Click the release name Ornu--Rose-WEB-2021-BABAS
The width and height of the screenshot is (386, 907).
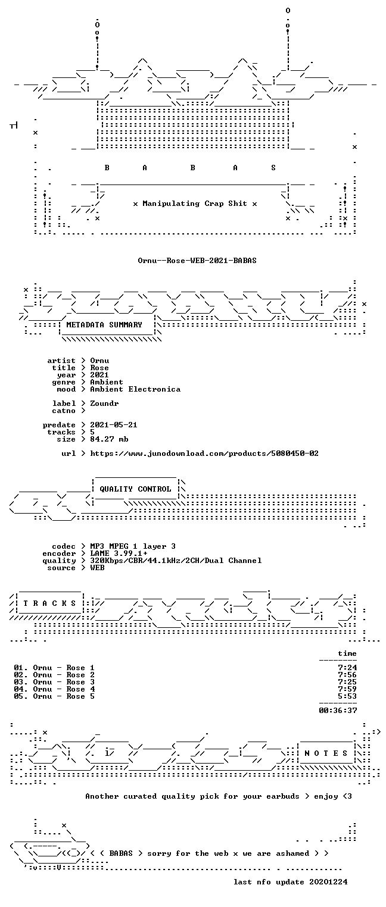coord(197,261)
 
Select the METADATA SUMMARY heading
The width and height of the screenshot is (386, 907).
coord(104,325)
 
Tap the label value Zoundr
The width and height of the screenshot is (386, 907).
coord(104,404)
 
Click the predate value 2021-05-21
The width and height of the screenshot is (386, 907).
coord(114,425)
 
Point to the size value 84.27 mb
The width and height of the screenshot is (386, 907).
coord(109,439)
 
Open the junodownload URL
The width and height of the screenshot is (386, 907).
coord(204,453)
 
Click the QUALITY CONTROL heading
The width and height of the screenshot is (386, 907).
coord(135,489)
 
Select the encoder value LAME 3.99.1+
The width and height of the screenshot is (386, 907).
coord(119,553)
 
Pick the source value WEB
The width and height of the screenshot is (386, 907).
coord(97,568)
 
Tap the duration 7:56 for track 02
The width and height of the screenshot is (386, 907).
coord(347,675)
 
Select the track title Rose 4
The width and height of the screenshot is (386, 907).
coord(80,689)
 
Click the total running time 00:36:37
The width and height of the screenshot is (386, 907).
coord(338,711)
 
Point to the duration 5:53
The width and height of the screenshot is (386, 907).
coord(347,696)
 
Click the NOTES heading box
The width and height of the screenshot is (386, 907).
coord(326,753)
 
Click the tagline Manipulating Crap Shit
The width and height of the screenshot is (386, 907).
coord(195,204)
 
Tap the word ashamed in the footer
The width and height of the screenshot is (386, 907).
coord(292,853)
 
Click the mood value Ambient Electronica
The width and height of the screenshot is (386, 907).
coord(135,389)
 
